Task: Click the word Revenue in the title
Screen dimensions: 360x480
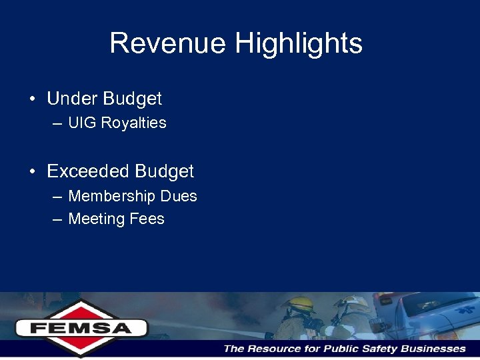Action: tap(168, 43)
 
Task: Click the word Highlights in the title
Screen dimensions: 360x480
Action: tap(299, 43)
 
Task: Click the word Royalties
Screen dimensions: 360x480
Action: tap(133, 123)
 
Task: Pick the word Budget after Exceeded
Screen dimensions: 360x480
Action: tap(164, 171)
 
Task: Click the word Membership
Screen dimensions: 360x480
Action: tap(114, 196)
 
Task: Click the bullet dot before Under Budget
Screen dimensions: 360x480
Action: tap(32, 99)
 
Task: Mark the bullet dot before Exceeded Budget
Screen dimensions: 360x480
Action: tap(32, 171)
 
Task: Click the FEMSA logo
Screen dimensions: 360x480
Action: tap(81, 327)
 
